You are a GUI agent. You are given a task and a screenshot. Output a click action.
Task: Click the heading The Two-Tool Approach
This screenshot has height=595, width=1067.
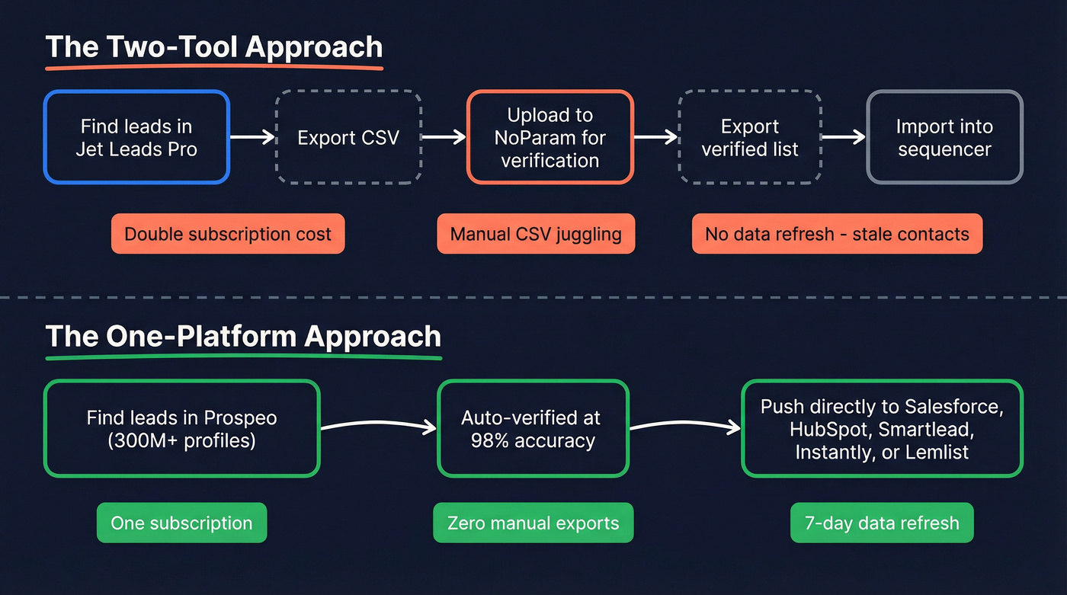coord(214,47)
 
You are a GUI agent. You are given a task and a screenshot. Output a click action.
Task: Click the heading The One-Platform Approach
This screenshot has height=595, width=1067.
coord(243,337)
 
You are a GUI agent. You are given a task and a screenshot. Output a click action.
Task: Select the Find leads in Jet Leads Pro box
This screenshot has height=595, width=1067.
coord(136,137)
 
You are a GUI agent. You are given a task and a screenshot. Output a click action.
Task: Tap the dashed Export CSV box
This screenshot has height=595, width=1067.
coord(348,137)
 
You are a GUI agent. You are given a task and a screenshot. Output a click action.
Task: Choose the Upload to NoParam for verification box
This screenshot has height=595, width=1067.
coord(550,137)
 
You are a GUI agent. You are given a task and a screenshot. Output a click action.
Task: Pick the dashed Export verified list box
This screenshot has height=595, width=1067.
coord(749,137)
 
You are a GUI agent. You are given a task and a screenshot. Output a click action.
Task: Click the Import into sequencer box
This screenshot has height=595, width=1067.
coord(944,137)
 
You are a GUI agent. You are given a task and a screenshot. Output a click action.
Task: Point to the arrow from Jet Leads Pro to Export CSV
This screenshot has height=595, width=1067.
coord(252,137)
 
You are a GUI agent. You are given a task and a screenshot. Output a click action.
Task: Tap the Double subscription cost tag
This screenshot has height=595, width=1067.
coord(228,234)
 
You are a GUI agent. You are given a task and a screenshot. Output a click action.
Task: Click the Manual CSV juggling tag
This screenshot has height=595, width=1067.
coord(536,234)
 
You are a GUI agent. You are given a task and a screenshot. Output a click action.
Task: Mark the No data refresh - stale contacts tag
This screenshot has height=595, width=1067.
coord(837,234)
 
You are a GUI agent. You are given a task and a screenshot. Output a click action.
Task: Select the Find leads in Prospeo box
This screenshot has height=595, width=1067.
coord(181,429)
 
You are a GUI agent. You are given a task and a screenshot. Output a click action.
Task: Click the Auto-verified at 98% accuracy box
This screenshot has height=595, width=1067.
coord(533,429)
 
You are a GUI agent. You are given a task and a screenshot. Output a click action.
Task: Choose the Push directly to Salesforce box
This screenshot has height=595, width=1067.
coord(882,429)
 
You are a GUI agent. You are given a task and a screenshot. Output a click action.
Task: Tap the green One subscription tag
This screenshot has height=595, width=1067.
coord(181,523)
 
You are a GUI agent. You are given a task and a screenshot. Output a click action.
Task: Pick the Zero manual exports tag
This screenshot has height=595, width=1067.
coord(533,523)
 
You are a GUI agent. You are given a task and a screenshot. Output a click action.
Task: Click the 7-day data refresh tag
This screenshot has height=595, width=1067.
coord(882,523)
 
